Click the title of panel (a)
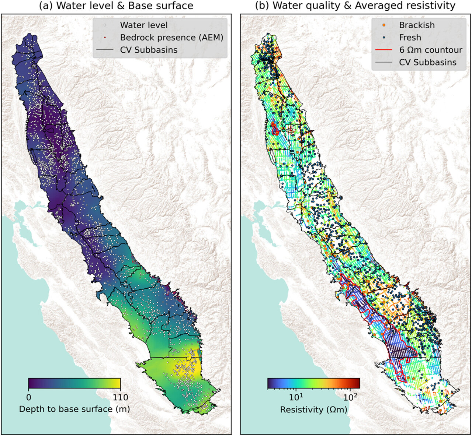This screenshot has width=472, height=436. (116, 6)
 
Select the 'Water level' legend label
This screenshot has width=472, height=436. (144, 25)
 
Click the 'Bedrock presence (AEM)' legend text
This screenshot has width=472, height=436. (171, 38)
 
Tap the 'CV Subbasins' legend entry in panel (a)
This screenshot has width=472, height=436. (149, 50)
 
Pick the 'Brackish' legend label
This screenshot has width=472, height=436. (417, 25)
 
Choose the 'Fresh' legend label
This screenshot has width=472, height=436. (410, 38)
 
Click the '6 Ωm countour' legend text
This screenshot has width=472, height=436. (430, 50)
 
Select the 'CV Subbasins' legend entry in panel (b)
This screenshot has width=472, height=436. (428, 62)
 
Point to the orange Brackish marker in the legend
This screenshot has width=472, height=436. (384, 25)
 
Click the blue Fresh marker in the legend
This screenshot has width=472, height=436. (384, 38)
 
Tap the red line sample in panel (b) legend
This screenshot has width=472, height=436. (384, 50)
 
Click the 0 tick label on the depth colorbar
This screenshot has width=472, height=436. (29, 397)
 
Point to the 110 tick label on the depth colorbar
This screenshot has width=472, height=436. (121, 397)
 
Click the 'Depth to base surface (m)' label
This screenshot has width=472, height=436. (74, 409)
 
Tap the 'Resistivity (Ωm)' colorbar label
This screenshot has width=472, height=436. (313, 409)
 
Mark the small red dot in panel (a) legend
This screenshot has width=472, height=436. (105, 38)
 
